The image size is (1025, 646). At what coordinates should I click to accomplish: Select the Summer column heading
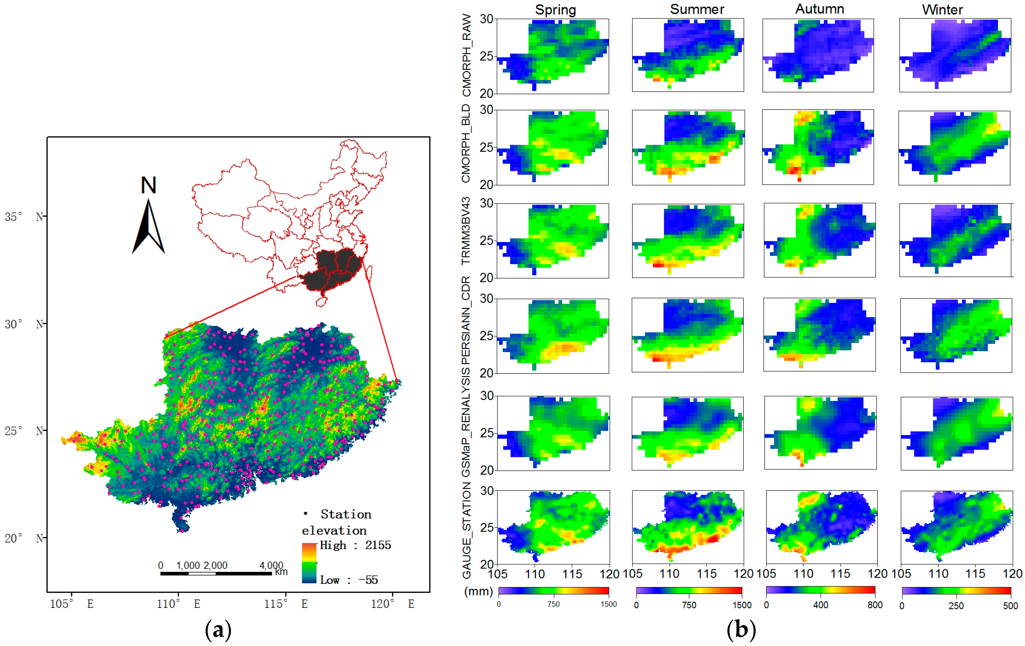coord(697,9)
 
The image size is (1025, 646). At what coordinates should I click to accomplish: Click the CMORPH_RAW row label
coord(467,55)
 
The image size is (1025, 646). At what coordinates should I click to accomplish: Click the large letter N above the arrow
coord(149,185)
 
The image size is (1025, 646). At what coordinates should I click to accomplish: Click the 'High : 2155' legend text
coord(355,545)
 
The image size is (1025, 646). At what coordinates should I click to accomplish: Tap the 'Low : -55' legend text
coord(349,580)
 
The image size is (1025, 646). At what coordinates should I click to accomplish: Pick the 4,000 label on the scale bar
coord(271,565)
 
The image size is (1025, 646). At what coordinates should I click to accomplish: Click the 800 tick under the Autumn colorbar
coord(875,605)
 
